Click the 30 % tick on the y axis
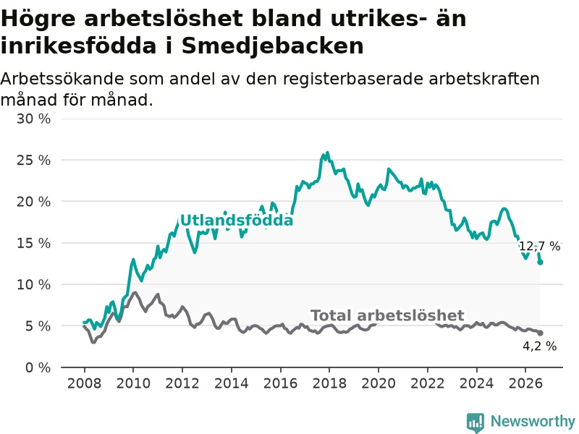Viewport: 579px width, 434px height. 33,119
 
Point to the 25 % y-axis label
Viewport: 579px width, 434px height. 33,160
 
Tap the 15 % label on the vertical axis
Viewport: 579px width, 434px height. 33,243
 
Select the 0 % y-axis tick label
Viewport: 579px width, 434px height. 38,367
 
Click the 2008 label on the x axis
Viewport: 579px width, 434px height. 84,383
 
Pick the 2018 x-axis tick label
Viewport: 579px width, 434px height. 329,383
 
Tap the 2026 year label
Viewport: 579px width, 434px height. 525,383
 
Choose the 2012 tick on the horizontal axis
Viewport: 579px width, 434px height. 182,383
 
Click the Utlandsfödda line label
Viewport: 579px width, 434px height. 237,221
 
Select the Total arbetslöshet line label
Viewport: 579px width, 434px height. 387,315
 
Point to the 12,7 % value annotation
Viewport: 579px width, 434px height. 539,246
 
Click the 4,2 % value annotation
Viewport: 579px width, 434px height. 539,346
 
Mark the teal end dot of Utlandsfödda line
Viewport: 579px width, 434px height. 540,263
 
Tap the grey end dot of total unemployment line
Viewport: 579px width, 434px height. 540,333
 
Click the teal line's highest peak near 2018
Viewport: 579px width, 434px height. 327,153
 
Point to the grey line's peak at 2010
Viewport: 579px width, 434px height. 135,293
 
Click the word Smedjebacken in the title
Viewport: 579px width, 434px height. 273,46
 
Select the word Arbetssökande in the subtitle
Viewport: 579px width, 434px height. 62,79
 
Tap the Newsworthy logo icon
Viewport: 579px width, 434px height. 476,422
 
